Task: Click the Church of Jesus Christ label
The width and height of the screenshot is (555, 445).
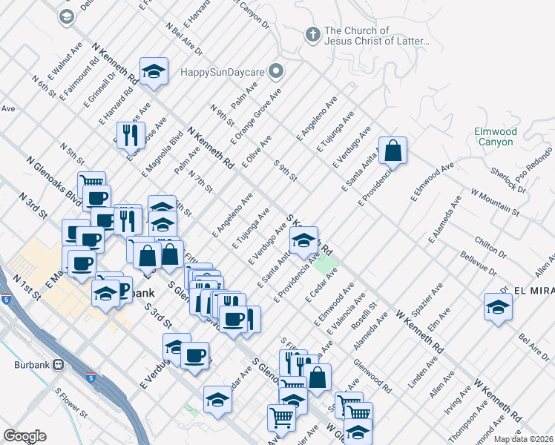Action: [377, 36]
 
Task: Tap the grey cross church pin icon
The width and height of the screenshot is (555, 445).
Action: [313, 34]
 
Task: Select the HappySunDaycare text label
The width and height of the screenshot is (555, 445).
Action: [224, 73]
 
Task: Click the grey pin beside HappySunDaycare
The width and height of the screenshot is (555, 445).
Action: [277, 72]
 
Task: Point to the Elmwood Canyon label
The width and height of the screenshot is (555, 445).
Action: [493, 136]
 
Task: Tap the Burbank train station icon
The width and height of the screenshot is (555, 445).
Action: [59, 365]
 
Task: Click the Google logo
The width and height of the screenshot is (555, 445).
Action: [24, 436]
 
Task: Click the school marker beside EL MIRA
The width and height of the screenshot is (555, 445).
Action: [497, 306]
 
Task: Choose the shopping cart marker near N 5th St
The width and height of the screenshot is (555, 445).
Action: [91, 184]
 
